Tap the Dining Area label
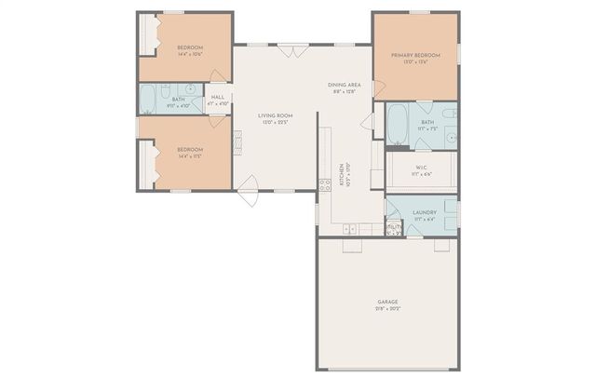pos(344,86)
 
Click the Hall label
pos(218,97)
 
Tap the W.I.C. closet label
pos(420,168)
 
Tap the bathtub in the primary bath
pos(397,124)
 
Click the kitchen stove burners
pos(325,183)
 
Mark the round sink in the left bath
pos(191,90)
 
